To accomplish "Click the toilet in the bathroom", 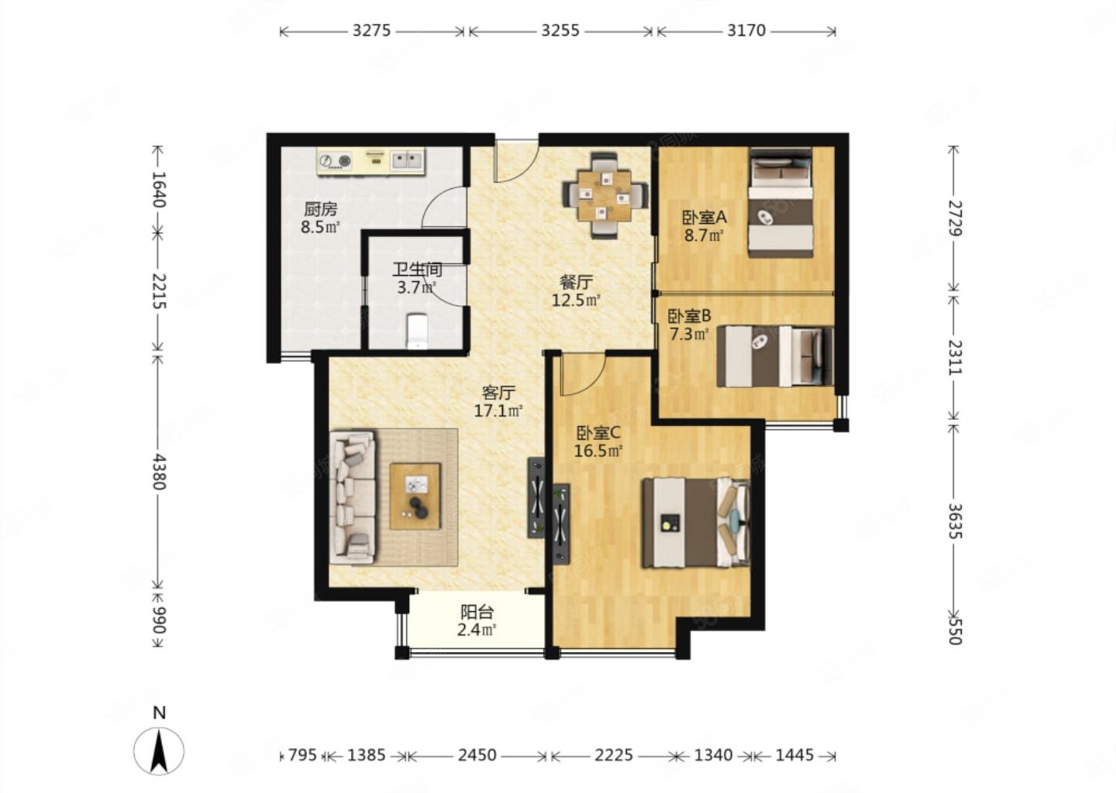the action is pyautogui.click(x=417, y=331).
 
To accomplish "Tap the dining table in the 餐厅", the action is pyautogui.click(x=604, y=196).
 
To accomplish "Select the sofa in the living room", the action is pyautogui.click(x=353, y=498).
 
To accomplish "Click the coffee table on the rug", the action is pyautogui.click(x=415, y=496).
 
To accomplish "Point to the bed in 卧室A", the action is pyautogui.click(x=780, y=203).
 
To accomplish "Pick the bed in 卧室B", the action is pyautogui.click(x=775, y=356).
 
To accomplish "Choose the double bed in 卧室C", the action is pyautogui.click(x=696, y=522).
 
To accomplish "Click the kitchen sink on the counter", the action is pyautogui.click(x=407, y=160).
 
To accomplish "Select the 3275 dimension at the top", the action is pyautogui.click(x=372, y=31).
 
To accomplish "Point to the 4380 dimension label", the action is pyautogui.click(x=158, y=472).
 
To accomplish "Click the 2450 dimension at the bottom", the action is pyautogui.click(x=477, y=755).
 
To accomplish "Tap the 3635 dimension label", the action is pyautogui.click(x=955, y=521).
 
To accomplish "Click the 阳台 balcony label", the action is pyautogui.click(x=477, y=612).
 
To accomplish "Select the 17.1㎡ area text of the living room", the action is pyautogui.click(x=498, y=411).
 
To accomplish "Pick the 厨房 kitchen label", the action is pyautogui.click(x=320, y=209).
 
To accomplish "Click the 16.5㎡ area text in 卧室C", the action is pyautogui.click(x=598, y=451).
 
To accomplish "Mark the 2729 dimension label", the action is pyautogui.click(x=955, y=218).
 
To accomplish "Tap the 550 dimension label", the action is pyautogui.click(x=955, y=630).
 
